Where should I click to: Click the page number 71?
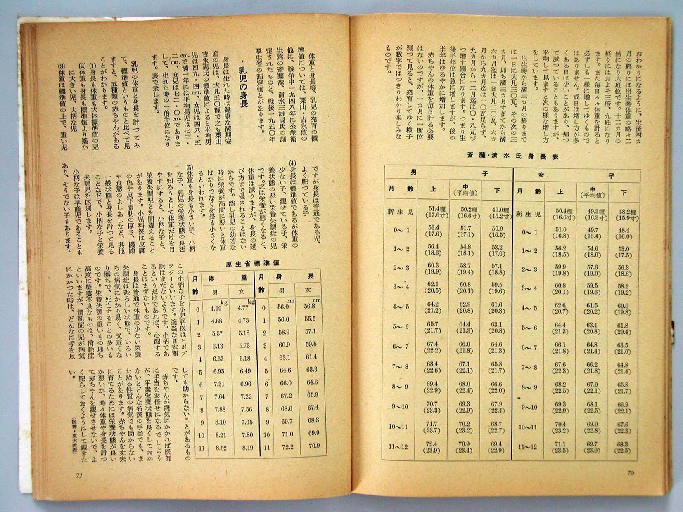coord(79,475)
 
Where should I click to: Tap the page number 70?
coord(630,473)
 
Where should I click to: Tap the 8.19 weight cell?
coord(247,447)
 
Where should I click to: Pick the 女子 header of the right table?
coord(576,175)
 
